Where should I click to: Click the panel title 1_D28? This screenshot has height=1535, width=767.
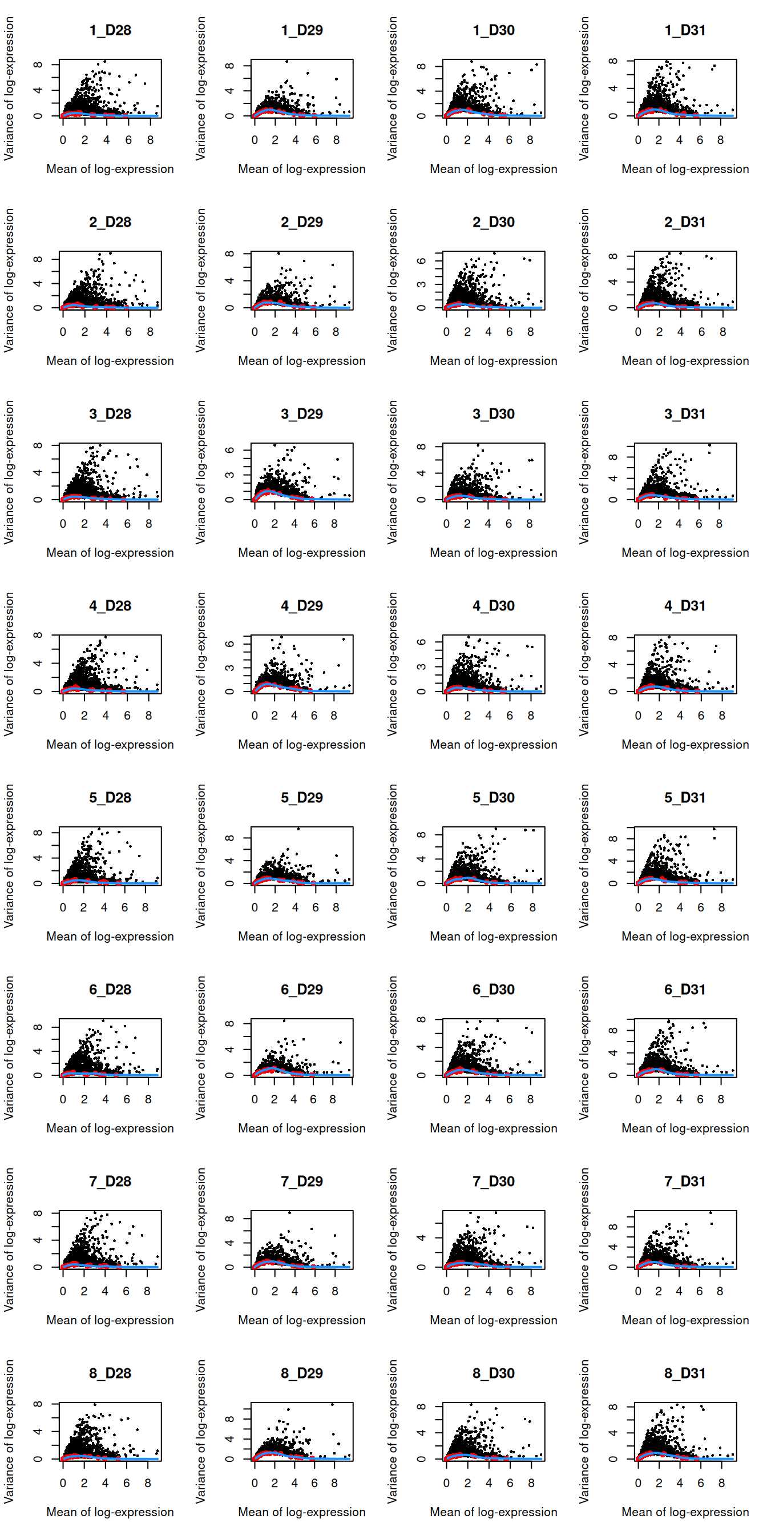pos(110,30)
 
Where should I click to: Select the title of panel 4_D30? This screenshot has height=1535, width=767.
pos(494,606)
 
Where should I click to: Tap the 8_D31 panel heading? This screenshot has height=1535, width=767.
pos(685,1373)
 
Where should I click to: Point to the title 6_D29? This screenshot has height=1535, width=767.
pos(302,990)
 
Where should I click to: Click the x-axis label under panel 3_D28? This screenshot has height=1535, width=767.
pos(110,553)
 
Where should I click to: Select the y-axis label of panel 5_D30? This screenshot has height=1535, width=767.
pos(393,855)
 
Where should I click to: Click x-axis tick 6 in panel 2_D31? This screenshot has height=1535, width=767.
pos(701,332)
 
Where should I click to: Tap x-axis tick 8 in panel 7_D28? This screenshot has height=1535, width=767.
pos(147,1291)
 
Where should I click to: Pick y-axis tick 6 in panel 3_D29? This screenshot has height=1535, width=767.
pos(230,451)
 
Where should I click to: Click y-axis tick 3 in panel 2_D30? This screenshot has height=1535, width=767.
pos(422,284)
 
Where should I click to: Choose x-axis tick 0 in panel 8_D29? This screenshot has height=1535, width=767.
pos(255,1483)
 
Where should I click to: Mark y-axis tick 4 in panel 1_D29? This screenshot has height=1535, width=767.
pos(230,91)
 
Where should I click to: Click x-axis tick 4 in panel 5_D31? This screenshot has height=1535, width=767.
pos(680,907)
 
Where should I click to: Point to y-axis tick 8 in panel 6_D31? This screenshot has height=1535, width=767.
pos(613,1030)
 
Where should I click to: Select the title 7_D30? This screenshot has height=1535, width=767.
pos(494,1182)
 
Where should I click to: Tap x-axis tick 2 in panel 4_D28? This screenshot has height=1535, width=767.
pos(84,716)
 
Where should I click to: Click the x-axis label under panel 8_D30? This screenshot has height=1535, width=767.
pos(494,1512)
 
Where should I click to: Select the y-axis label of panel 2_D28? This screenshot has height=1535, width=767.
pos(9,280)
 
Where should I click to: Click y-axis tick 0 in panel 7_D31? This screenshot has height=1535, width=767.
pos(613,1267)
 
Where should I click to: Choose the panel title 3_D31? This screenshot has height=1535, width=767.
pos(685,414)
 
